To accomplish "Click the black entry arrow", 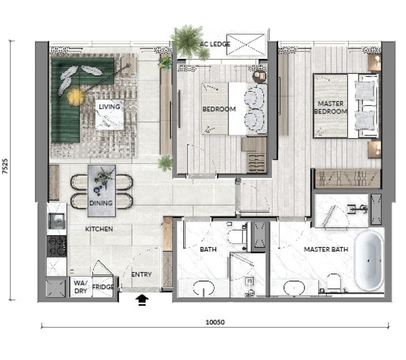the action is tap(142, 301).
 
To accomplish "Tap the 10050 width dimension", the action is tap(215, 322).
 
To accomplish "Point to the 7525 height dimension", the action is tap(5, 166).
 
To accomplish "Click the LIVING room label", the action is tap(109, 107).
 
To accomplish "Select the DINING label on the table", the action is tap(101, 203).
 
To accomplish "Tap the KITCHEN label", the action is tap(99, 229).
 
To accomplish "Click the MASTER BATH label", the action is tap(325, 249).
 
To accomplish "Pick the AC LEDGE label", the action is tap(215, 45).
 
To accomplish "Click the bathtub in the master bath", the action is tap(369, 261).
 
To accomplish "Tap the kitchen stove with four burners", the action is tap(57, 246).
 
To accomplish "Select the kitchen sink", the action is tap(57, 221).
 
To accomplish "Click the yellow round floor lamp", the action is tap(76, 97).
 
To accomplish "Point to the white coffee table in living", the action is tap(109, 115).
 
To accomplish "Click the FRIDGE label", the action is tap(103, 287).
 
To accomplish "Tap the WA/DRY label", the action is tap(81, 287).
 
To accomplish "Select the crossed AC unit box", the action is tap(246, 45).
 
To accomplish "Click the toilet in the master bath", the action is tap(333, 283).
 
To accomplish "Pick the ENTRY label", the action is tap(142, 274).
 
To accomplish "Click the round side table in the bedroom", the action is tap(259, 76).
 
